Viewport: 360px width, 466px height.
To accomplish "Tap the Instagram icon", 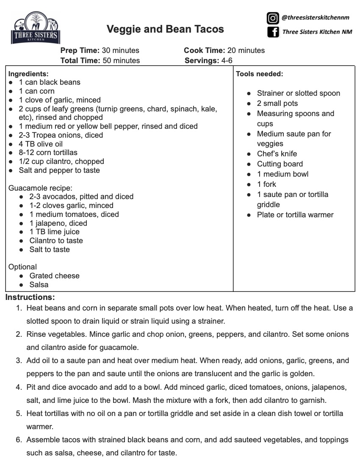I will pos(272,18).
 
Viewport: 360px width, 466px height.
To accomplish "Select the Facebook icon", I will pos(273,32).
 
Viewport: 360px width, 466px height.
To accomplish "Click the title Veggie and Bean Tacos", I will pos(165,29).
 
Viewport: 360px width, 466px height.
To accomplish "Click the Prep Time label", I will pos(80,50).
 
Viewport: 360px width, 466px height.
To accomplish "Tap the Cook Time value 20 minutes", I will pos(245,50).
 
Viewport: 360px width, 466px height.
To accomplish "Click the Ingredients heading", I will pos(28,73).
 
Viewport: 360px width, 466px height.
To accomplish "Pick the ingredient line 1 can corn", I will pos(36,91).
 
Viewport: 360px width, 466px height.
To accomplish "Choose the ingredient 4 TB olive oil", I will pos(41,144).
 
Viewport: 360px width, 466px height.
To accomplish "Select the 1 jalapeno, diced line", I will pos(58,223).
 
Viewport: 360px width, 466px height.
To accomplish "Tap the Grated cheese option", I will pos(54,276).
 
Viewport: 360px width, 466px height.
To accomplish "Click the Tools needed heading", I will pos(259,74).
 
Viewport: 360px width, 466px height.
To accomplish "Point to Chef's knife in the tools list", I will pos(277,154).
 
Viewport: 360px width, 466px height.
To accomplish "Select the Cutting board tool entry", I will pos(280,164).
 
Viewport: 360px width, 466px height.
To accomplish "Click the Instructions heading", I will pos(30,297).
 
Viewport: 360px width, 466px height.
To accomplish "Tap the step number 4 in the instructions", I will pos(19,388).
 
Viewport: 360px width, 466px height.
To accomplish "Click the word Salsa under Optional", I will pos(39,285).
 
